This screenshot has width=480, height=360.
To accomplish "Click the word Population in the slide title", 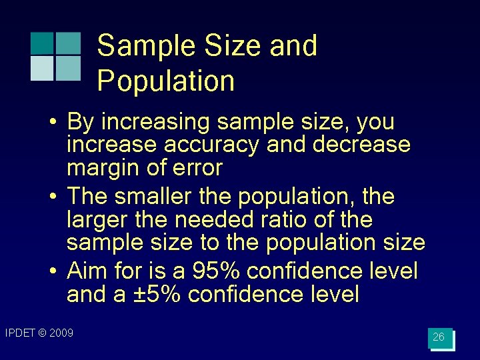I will [166, 81].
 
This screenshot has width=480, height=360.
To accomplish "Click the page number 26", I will [439, 337].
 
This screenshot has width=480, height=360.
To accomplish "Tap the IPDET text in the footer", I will [20, 333].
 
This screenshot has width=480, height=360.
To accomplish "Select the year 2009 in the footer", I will [61, 333].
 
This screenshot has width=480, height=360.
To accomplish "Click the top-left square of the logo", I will [41, 43].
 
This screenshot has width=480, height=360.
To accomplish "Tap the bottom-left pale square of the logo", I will [41, 68].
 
